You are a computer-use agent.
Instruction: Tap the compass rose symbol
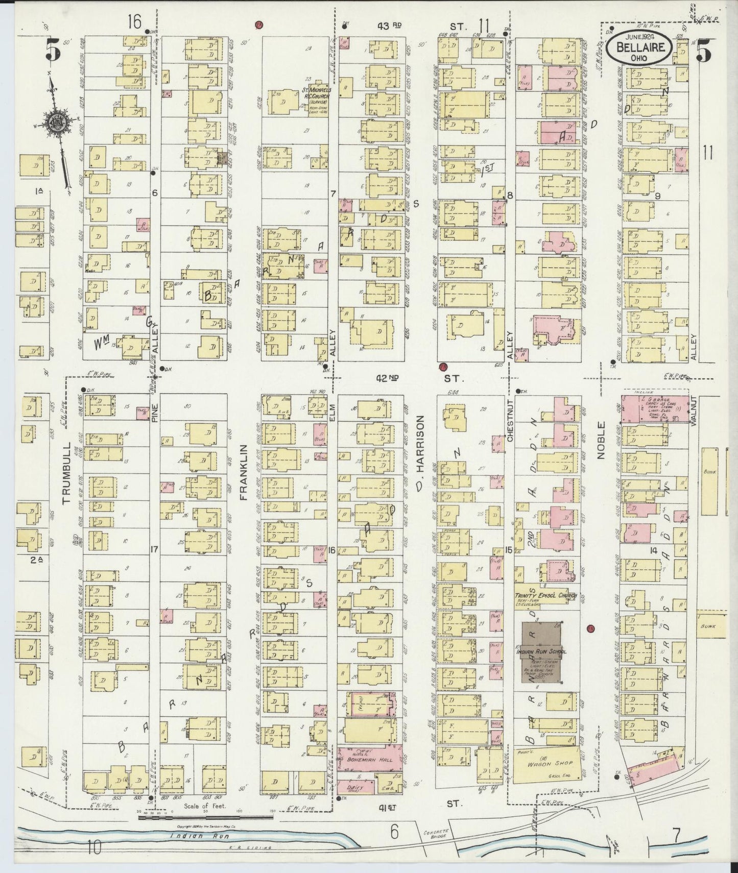click(55, 123)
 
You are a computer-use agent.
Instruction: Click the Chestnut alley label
click(509, 424)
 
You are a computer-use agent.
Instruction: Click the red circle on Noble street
click(591, 628)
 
